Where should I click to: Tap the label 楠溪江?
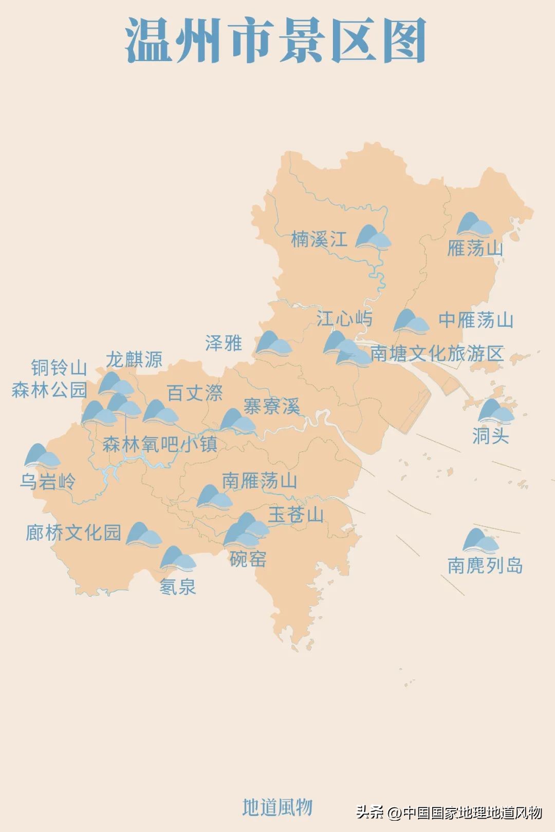tap(319, 239)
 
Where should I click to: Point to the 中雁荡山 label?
tap(476, 320)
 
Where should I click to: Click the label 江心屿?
tap(344, 318)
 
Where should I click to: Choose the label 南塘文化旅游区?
tap(437, 353)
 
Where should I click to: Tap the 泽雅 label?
tap(224, 343)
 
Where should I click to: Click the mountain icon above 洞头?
tap(495, 411)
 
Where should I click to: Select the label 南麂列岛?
tap(485, 565)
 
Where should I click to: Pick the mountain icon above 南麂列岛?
tap(480, 541)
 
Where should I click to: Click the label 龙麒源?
tap(134, 360)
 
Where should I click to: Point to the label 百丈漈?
tap(195, 393)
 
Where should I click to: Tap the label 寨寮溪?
tap(271, 407)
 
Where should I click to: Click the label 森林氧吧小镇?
tap(160, 444)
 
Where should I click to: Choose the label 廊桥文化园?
tap(73, 533)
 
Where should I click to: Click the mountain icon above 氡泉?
tap(178, 559)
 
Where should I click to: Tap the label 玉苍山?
tap(296, 515)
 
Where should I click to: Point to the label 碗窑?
tap(248, 559)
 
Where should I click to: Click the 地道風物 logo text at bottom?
tap(277, 807)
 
